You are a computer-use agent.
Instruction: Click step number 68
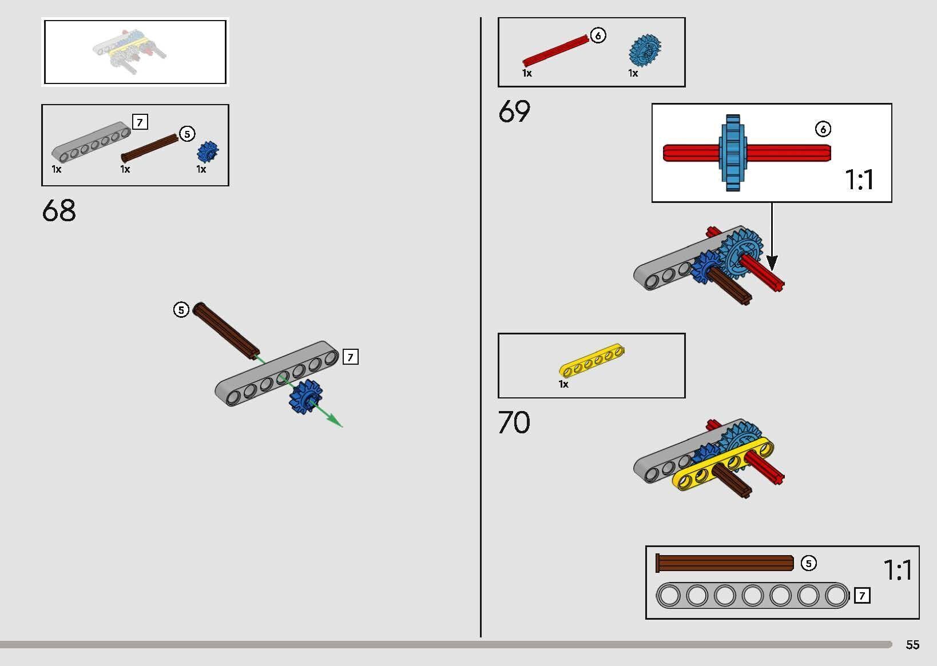(x=59, y=210)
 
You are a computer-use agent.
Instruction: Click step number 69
(x=514, y=111)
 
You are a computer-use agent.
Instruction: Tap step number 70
(x=514, y=422)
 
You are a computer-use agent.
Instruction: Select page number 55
(x=912, y=645)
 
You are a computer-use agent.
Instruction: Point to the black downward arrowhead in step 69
(x=772, y=263)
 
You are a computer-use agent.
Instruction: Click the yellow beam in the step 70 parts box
(x=592, y=360)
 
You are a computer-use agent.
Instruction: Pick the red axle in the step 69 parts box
(x=555, y=51)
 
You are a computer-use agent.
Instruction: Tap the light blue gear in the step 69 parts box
(x=645, y=50)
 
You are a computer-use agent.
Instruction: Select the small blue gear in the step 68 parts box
(x=208, y=151)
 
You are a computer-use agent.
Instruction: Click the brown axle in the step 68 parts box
(x=149, y=147)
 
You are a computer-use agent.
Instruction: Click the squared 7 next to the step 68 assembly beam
(x=351, y=357)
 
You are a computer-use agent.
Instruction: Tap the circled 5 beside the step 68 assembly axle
(x=181, y=310)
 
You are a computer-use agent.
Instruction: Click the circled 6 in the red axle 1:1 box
(x=823, y=129)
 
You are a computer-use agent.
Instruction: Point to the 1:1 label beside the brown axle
(x=898, y=571)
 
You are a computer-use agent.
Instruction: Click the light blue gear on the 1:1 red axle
(x=733, y=153)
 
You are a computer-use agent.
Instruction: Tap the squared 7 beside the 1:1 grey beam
(x=862, y=595)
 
